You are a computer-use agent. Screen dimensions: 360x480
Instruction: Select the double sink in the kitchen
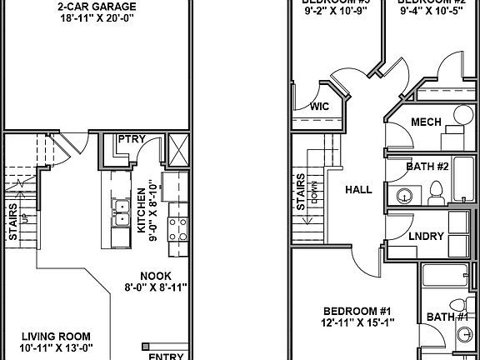coord(121,213)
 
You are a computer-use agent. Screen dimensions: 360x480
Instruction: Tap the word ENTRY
coord(166,356)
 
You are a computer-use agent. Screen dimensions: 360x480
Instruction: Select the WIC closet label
coord(319,107)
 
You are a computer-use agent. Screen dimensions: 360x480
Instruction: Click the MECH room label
coord(426,121)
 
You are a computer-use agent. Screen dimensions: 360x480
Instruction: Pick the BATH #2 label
coord(427,167)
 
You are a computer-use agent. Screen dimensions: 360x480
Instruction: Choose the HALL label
coord(358,190)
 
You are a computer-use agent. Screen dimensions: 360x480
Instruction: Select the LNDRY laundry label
coord(425,236)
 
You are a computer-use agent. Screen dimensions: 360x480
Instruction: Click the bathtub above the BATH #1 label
coord(448,275)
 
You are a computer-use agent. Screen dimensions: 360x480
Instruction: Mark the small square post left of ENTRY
coord(146,344)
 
